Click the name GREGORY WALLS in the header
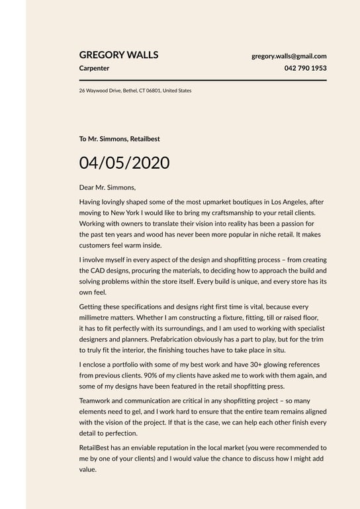pos(118,55)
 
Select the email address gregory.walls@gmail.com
pos(289,56)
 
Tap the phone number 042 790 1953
pos(305,68)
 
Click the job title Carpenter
pos(94,68)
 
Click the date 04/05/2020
pos(124,163)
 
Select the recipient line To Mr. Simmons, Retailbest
pos(119,139)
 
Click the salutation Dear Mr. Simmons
pos(107,187)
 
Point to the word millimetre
pos(95,318)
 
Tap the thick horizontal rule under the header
pos(202,80)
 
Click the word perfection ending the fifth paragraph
pos(118,433)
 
